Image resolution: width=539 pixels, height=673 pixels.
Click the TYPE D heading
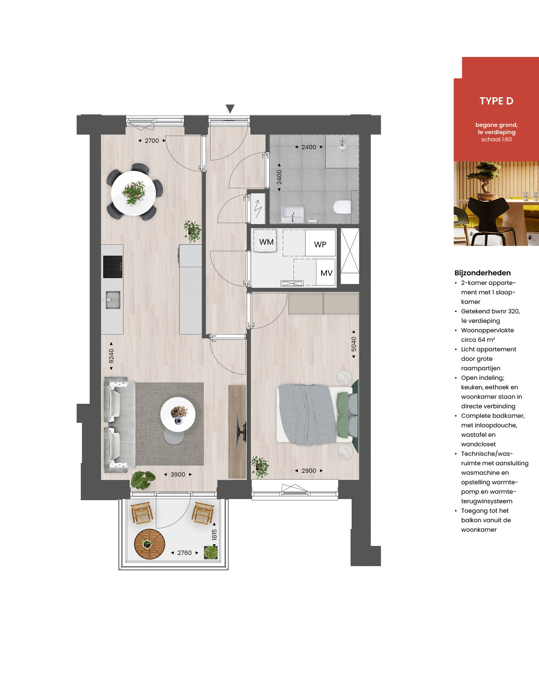click(496, 101)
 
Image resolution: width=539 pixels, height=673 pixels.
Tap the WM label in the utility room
click(266, 242)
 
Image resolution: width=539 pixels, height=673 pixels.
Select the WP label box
click(320, 243)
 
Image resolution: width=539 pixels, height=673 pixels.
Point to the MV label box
click(326, 272)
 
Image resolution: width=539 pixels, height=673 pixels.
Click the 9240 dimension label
click(111, 356)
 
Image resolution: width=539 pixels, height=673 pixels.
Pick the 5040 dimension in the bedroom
click(354, 344)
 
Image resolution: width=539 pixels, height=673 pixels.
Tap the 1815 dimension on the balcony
click(214, 535)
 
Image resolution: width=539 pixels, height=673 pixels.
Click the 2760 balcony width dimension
click(184, 553)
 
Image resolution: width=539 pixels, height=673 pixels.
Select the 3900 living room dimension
click(178, 475)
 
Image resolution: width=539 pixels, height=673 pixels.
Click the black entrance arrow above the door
click(230, 109)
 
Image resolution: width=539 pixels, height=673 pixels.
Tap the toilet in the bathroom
click(342, 207)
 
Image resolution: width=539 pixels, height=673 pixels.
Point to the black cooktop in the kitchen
click(113, 267)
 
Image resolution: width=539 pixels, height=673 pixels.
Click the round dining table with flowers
click(134, 193)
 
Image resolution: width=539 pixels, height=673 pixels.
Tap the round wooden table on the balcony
click(149, 544)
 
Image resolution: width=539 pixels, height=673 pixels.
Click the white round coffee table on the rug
click(178, 414)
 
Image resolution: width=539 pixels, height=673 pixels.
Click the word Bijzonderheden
click(482, 273)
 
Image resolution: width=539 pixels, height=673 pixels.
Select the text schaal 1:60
click(496, 139)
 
